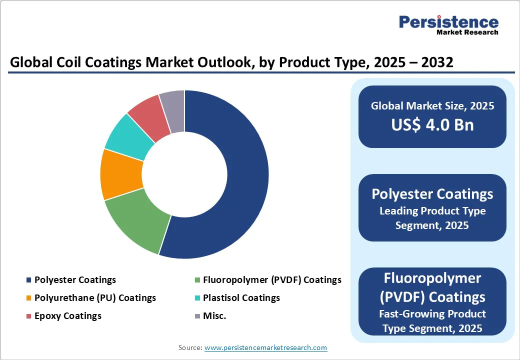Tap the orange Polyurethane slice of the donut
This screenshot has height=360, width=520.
[121, 174]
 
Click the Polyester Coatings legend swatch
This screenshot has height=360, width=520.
[29, 280]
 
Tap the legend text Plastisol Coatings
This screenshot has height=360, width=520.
[241, 297]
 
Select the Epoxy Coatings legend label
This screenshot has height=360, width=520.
[68, 316]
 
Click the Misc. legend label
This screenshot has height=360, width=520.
[214, 316]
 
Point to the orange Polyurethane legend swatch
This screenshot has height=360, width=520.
[29, 298]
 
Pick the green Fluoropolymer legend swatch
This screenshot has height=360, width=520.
[197, 280]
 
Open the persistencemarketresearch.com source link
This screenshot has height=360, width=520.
[265, 347]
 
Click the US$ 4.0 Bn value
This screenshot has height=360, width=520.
[432, 125]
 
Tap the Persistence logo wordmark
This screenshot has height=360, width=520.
[448, 22]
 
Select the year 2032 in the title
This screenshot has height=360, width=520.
[437, 62]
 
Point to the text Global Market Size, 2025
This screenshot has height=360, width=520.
[432, 105]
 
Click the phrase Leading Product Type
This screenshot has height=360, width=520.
[432, 211]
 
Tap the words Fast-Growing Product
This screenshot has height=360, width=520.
[432, 313]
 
